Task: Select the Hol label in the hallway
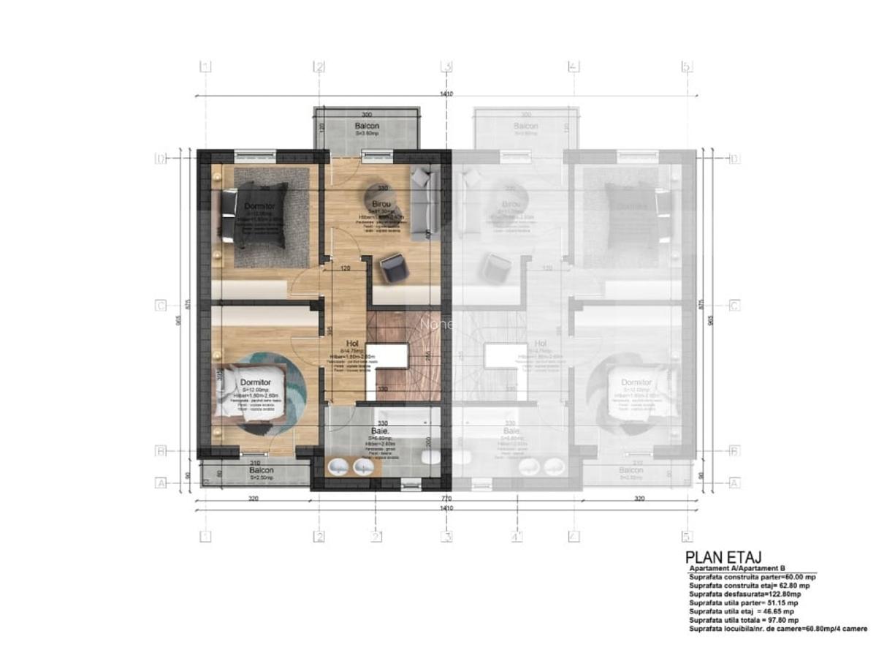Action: pyautogui.click(x=352, y=343)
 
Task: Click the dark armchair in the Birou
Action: pyautogui.click(x=392, y=267)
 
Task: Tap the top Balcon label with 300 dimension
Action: pyautogui.click(x=367, y=126)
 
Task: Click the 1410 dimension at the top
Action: pyautogui.click(x=446, y=94)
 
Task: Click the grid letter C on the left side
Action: pyautogui.click(x=161, y=306)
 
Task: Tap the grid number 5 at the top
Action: pyautogui.click(x=686, y=67)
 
